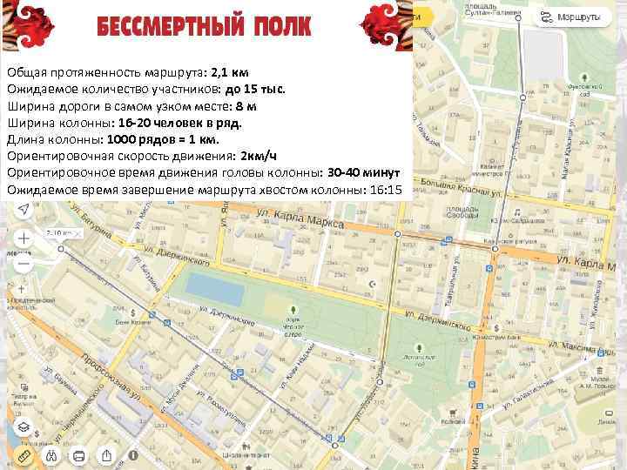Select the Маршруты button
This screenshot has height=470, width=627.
tap(574, 17)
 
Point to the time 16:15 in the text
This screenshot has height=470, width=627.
tap(386, 189)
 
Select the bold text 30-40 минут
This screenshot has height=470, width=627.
tap(363, 172)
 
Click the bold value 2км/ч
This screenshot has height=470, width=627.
tap(259, 156)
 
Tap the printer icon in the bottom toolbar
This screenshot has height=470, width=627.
tap(79, 455)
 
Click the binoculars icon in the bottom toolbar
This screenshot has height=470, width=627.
tap(51, 455)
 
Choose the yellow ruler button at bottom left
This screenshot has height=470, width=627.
tap(23, 455)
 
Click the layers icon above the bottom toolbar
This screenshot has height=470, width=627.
tap(24, 428)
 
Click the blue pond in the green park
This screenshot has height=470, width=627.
tap(206, 285)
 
